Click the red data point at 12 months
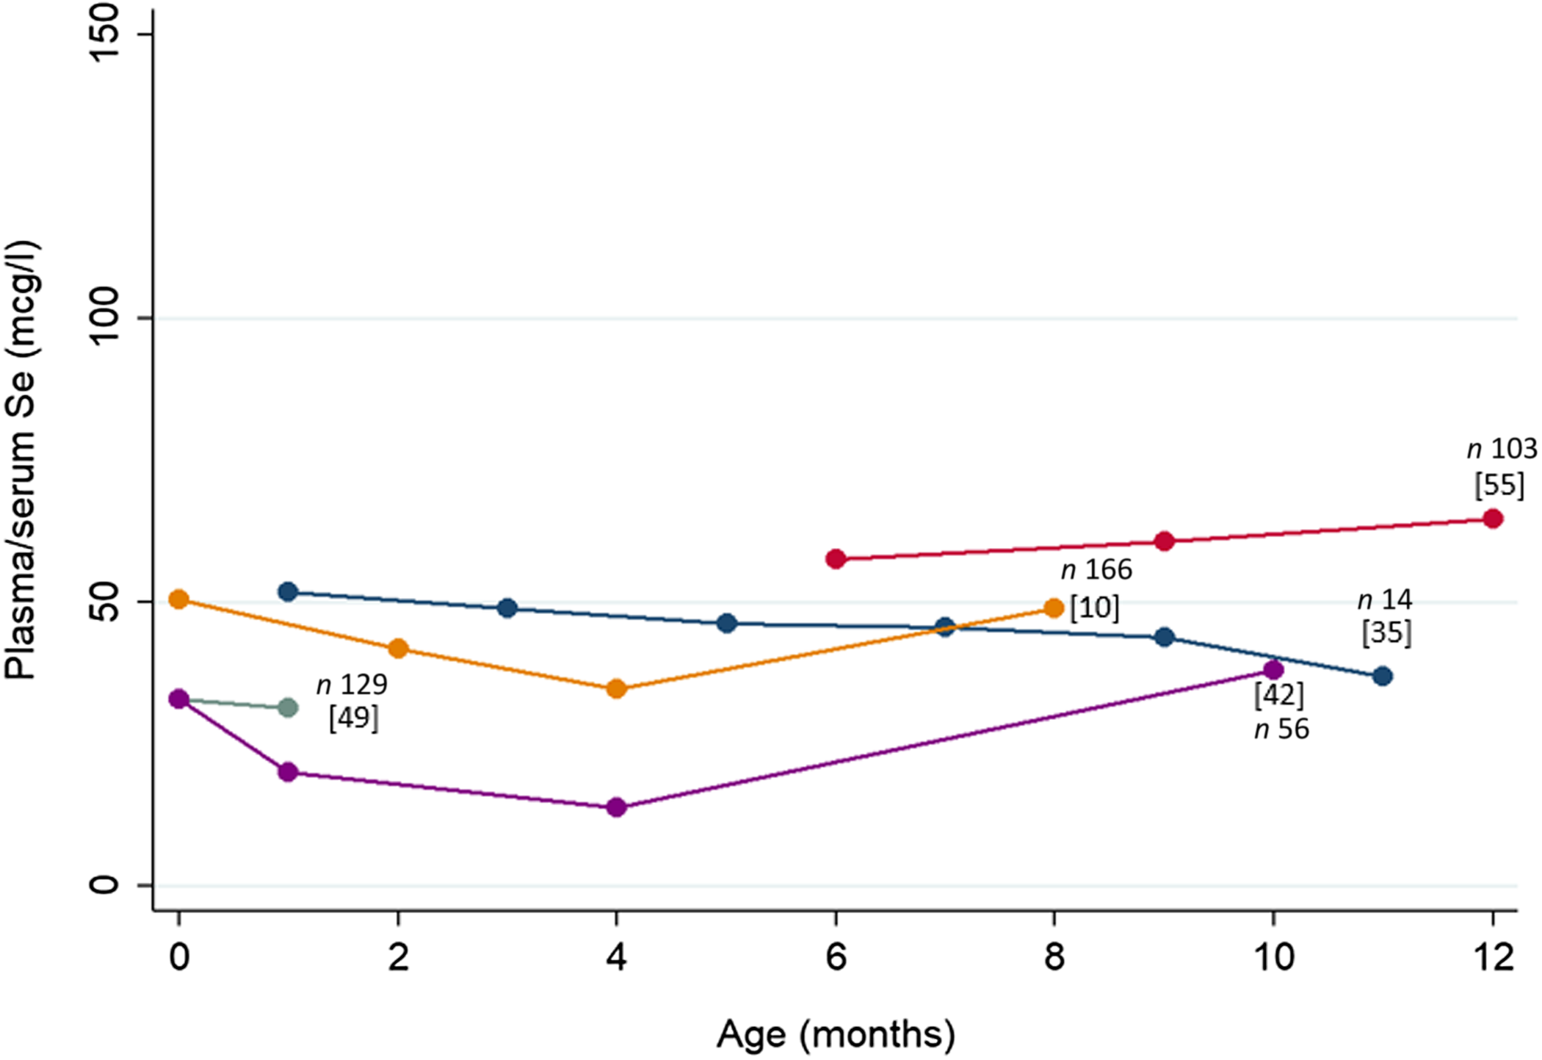1492,519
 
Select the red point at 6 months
836,559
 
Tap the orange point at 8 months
1054,608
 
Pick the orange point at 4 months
617,689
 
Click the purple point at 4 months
617,807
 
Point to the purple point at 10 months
1274,669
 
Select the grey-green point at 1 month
289,707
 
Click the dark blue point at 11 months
1383,676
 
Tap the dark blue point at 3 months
507,608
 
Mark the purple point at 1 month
289,772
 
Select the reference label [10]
1094,607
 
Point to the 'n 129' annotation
352,685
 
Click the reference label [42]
1279,694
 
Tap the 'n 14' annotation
1385,600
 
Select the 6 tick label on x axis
836,957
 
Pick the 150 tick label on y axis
106,33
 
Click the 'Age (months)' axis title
836,1034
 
